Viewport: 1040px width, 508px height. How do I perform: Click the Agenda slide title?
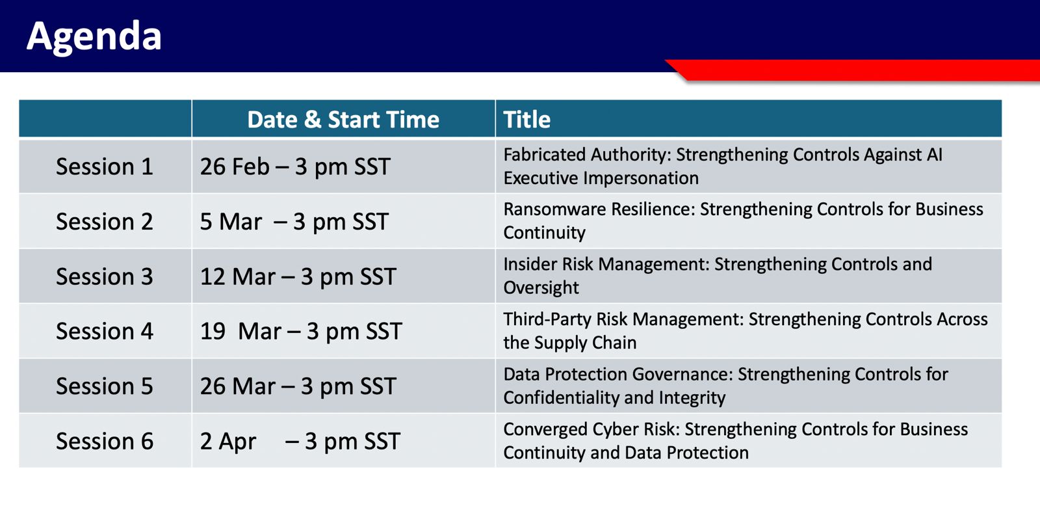point(94,36)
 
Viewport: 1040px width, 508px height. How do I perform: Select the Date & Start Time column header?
point(343,120)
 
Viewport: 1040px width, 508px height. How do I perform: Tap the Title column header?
point(527,120)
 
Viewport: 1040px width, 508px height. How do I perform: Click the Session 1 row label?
point(105,167)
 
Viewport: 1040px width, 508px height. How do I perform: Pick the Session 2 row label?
point(105,221)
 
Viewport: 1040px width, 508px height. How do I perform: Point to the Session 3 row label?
point(105,276)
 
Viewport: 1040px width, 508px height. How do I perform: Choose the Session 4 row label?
point(105,331)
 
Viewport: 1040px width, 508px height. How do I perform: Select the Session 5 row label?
point(105,386)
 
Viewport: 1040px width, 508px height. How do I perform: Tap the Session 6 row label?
point(105,441)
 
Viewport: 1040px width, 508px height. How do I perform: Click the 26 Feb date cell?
point(295,167)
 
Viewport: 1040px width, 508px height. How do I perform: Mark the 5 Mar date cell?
point(294,222)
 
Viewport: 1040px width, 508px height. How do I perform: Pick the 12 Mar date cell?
point(298,277)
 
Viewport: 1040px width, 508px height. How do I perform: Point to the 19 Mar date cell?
point(301,332)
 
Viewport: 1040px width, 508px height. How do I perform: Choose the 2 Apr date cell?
point(300,442)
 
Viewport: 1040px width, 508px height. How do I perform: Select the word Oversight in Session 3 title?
point(541,288)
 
